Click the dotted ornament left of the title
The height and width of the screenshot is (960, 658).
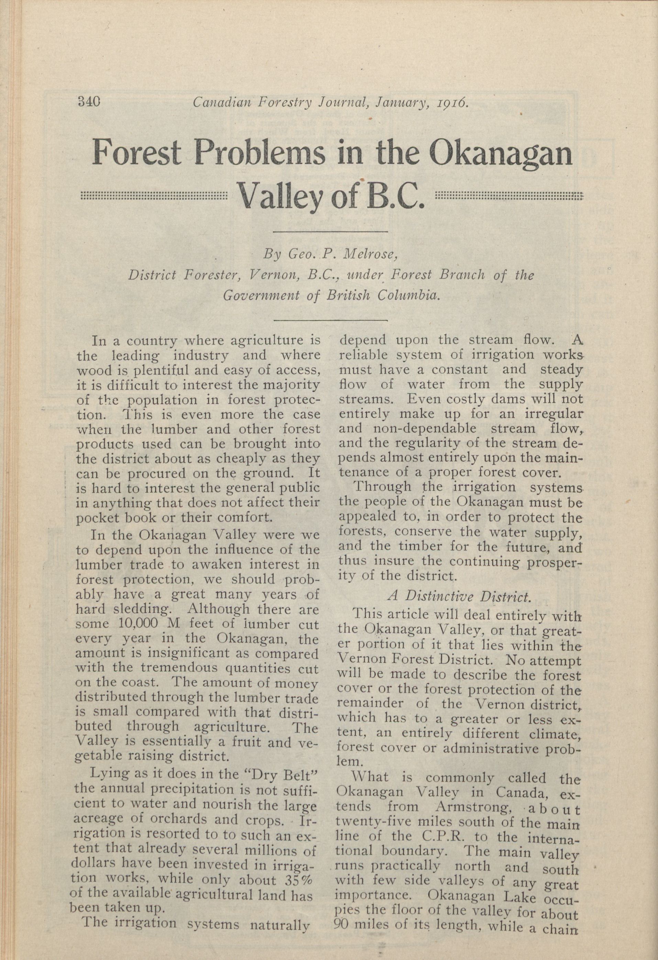pos(154,195)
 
